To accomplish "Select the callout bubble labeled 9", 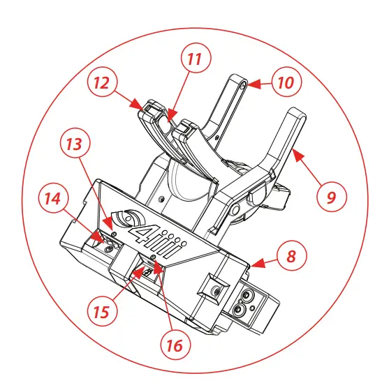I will (332, 197).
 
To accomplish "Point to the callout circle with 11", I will (196, 59).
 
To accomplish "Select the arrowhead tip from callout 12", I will (140, 107).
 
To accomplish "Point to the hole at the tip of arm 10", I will (241, 84).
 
